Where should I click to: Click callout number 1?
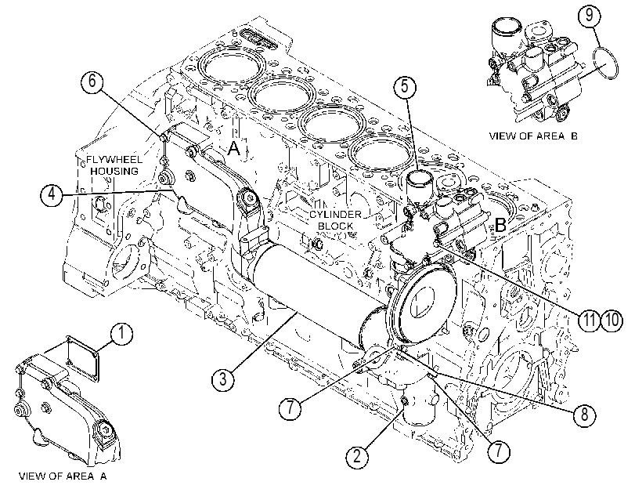(x=121, y=334)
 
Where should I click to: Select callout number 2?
(x=357, y=456)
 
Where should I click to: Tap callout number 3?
(x=222, y=380)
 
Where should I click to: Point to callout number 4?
(x=52, y=195)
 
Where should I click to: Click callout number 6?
(x=92, y=81)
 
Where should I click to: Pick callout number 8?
(x=584, y=415)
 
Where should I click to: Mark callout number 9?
(x=590, y=15)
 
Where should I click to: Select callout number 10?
(x=612, y=320)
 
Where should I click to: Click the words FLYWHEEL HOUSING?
(x=114, y=165)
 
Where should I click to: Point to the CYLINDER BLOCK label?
(x=335, y=219)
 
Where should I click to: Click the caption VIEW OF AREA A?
(x=63, y=476)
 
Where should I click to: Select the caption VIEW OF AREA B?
(x=533, y=136)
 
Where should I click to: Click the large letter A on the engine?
(x=234, y=149)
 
